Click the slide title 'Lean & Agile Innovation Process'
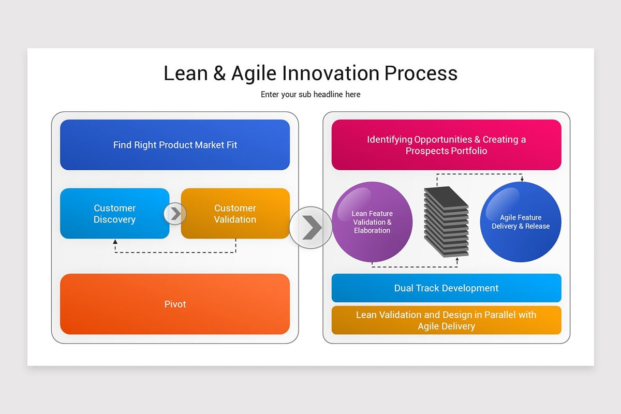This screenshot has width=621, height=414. (x=310, y=73)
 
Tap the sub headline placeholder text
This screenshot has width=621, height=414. (x=310, y=95)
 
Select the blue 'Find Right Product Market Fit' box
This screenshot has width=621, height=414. (x=175, y=145)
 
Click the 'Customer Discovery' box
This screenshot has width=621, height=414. (x=114, y=214)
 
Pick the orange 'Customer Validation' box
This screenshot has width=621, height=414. (x=235, y=214)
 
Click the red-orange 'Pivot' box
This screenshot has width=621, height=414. (x=175, y=304)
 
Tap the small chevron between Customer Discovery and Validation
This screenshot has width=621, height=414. (x=175, y=214)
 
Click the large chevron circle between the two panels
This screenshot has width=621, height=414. (x=310, y=227)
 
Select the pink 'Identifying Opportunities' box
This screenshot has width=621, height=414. (x=446, y=145)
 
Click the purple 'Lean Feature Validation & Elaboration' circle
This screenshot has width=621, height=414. (x=372, y=222)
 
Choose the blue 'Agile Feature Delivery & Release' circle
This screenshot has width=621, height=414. (x=521, y=222)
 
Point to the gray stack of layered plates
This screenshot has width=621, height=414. (x=446, y=221)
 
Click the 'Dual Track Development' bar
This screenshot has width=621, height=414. (x=446, y=288)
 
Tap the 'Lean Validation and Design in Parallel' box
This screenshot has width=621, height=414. (x=446, y=320)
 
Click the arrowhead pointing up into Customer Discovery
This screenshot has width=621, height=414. (x=115, y=242)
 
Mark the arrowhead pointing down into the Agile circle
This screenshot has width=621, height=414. (x=522, y=179)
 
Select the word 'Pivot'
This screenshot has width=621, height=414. (x=175, y=304)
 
